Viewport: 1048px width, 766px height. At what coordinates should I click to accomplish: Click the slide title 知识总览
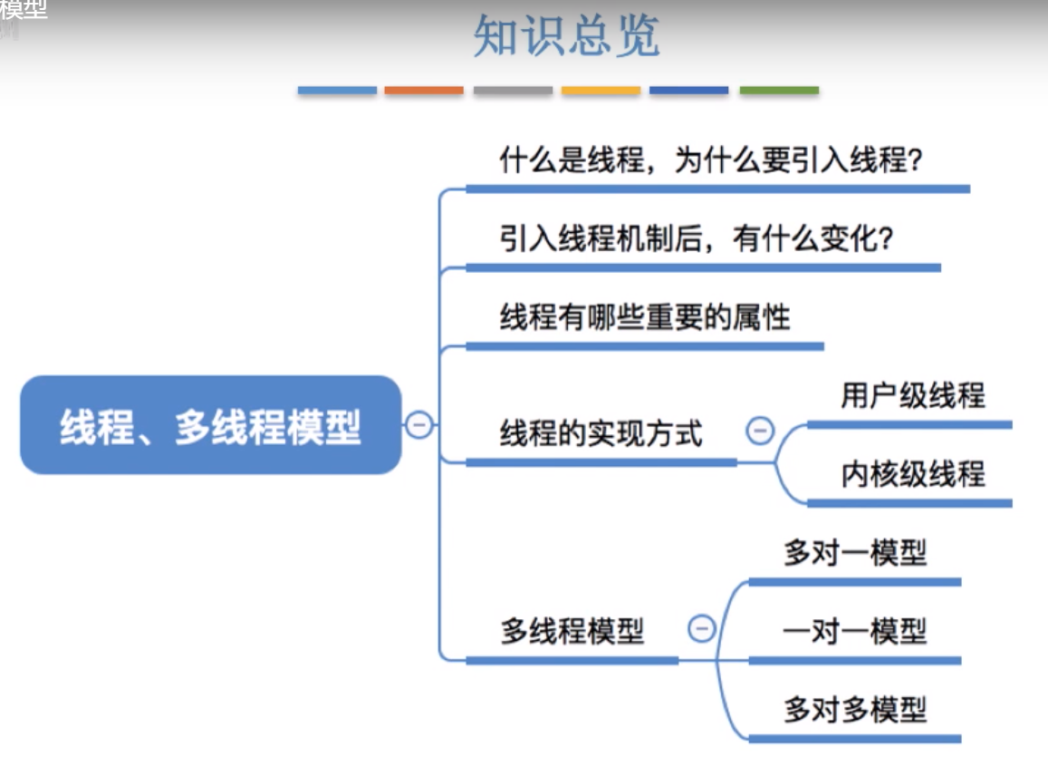click(566, 36)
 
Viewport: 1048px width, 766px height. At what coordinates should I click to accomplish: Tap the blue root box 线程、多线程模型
click(210, 425)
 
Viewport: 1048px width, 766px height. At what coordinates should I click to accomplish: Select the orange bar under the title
click(424, 91)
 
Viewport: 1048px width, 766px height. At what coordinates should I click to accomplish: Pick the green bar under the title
click(779, 91)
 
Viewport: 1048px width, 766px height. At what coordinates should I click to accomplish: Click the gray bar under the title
click(513, 91)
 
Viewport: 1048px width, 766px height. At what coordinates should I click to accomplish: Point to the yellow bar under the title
click(601, 91)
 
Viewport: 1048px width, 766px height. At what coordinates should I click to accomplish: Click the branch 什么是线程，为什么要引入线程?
click(711, 160)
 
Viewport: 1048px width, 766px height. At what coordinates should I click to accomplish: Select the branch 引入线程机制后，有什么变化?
click(697, 238)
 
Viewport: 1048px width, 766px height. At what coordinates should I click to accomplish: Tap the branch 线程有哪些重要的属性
click(645, 317)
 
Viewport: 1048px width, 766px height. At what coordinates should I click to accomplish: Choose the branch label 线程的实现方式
click(601, 433)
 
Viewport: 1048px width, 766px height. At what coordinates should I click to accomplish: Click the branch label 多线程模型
click(572, 631)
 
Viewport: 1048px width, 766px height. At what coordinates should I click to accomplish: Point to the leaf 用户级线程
click(913, 395)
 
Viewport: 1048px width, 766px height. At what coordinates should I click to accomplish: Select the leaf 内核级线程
click(913, 473)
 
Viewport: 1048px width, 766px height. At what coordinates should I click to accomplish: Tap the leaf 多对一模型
click(855, 553)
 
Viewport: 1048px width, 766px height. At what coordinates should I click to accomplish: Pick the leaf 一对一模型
click(855, 631)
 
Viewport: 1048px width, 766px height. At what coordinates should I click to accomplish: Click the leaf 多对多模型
click(855, 710)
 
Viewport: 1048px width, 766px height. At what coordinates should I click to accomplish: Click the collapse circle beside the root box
click(419, 425)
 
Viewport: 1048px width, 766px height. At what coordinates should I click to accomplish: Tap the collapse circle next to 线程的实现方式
click(760, 431)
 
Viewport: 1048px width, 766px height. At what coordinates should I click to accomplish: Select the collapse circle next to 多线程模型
click(702, 628)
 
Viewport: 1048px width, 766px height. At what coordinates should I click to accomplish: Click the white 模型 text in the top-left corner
click(24, 9)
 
